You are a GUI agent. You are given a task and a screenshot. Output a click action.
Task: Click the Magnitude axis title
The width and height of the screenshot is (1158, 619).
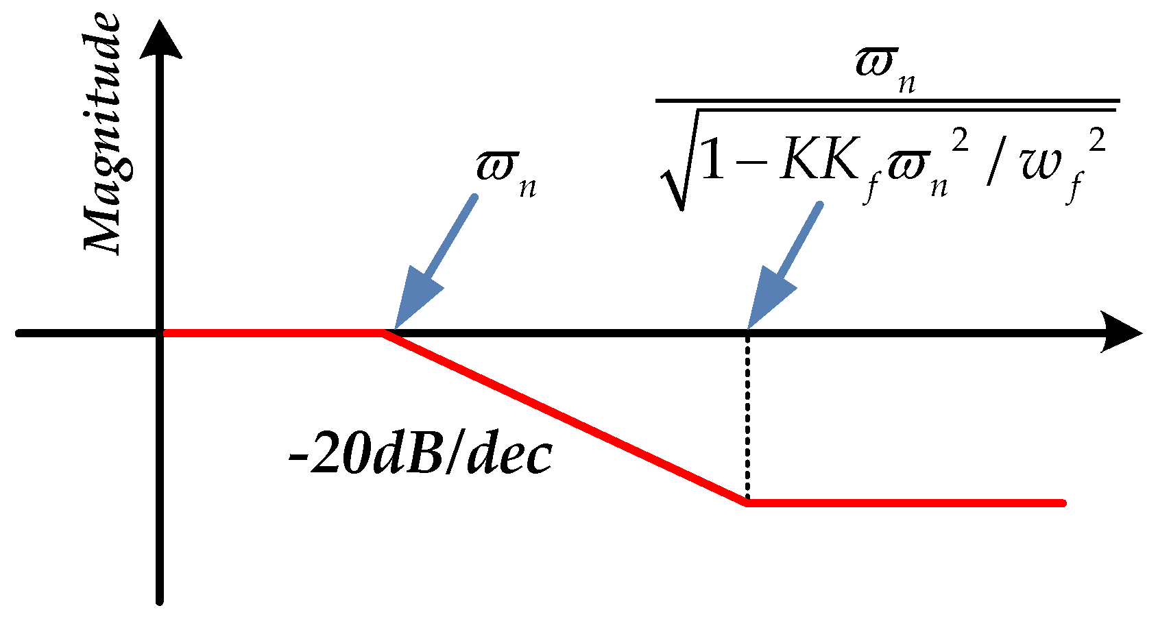coord(103,134)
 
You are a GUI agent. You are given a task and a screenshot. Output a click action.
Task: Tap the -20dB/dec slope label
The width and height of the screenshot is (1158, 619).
coord(420,455)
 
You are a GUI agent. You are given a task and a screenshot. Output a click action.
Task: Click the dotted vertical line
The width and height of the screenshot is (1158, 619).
coord(748,418)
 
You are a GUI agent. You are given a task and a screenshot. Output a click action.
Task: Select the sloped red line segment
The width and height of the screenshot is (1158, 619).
coord(566,418)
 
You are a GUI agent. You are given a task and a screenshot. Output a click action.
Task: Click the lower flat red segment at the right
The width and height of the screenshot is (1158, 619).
coord(905,503)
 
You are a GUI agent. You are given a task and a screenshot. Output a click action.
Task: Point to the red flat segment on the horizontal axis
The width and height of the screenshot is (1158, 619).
coord(274,333)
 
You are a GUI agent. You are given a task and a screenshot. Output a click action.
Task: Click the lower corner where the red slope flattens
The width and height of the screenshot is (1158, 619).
coord(747,503)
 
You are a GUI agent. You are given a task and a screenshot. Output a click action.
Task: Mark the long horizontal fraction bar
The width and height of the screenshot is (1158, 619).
coord(887,101)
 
